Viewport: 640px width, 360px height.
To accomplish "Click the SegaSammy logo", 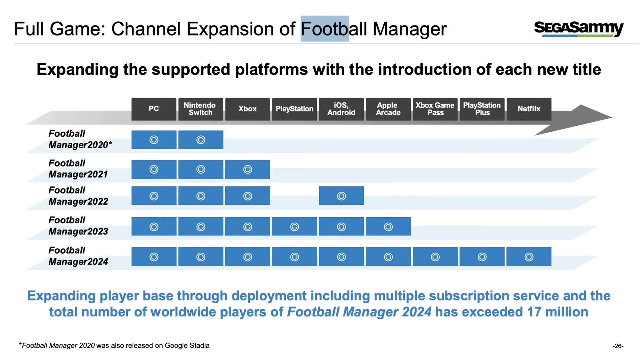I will (578, 28).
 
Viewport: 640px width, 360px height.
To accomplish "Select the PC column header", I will (153, 109).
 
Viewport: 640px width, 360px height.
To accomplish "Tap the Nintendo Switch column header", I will (200, 109).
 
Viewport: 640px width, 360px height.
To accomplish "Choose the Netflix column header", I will (529, 109).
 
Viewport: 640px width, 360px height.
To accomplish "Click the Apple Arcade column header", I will (388, 109).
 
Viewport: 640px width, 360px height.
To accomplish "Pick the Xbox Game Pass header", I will (435, 109).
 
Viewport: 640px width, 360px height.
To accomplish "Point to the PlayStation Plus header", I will (482, 109).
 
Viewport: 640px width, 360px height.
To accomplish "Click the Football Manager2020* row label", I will (80, 139).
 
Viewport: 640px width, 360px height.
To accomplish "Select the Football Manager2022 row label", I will (78, 196).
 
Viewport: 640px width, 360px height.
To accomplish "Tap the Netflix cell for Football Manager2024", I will (529, 257).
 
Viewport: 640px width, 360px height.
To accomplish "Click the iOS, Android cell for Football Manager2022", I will (341, 196).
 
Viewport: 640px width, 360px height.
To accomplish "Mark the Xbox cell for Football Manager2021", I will (247, 169).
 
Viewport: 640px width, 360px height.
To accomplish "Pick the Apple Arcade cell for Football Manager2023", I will (388, 227).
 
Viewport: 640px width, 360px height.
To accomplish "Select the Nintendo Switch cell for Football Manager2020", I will (200, 140).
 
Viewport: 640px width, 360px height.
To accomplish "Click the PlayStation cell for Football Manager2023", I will (294, 227).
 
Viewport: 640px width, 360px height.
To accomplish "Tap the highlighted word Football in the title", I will (325, 29).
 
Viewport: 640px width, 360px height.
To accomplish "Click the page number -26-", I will (618, 346).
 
